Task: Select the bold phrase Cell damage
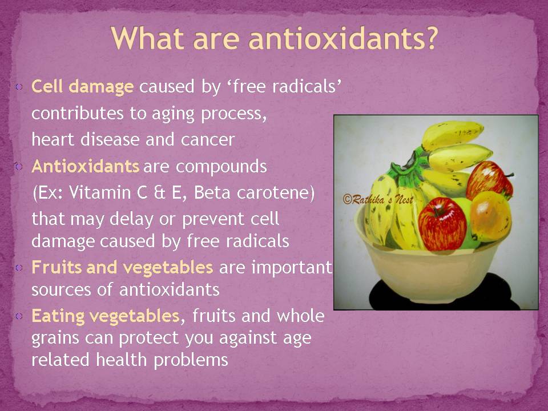coord(82,86)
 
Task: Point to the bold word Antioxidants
coord(86,166)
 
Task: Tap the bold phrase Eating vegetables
coord(106,316)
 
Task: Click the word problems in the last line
coord(191,360)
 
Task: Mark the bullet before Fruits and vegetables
coord(19,268)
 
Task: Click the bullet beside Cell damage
coord(19,86)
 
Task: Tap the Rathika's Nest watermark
coord(378,200)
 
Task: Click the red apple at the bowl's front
coord(442,224)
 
